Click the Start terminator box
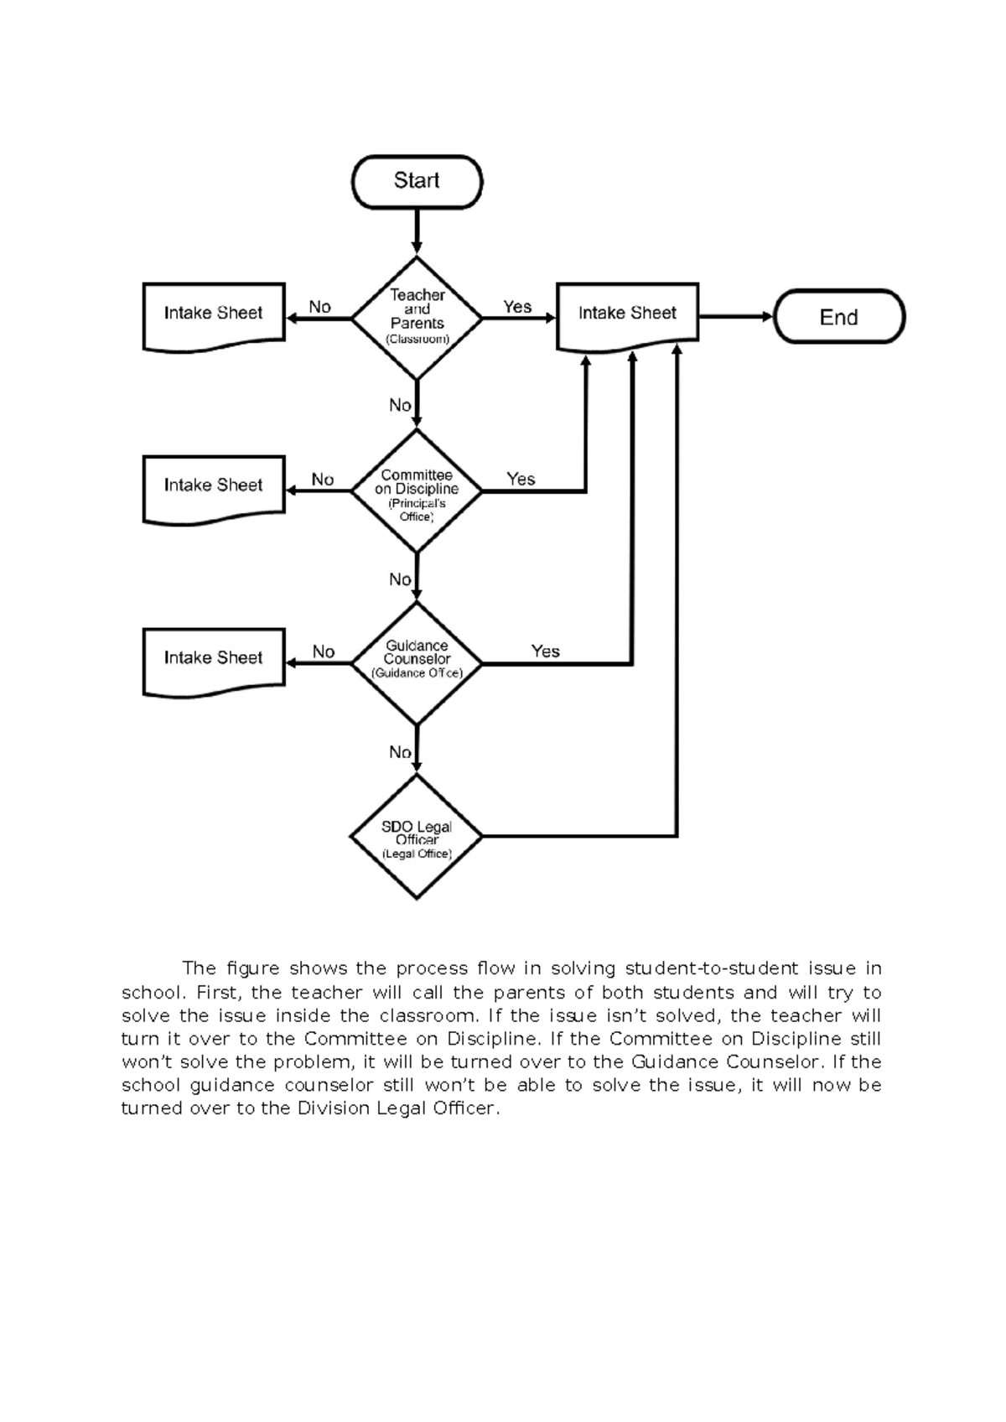coord(417,181)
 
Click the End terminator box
coord(838,317)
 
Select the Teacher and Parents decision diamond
coord(417,318)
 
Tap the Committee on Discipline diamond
coord(417,491)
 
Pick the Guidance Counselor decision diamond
coord(417,663)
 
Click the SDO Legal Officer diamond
coord(417,837)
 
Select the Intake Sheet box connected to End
coord(627,314)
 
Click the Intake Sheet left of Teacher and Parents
coord(214,314)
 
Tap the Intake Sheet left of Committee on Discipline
coord(214,486)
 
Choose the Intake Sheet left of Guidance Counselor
coord(214,659)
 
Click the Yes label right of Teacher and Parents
coord(517,307)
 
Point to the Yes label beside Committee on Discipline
coord(521,479)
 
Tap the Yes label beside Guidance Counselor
coord(545,651)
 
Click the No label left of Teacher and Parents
coord(319,307)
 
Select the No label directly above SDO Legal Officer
coord(400,752)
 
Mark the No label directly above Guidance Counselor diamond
coord(400,579)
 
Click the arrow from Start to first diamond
coord(417,231)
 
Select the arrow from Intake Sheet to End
coord(735,317)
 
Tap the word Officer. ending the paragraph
coord(464,1108)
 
